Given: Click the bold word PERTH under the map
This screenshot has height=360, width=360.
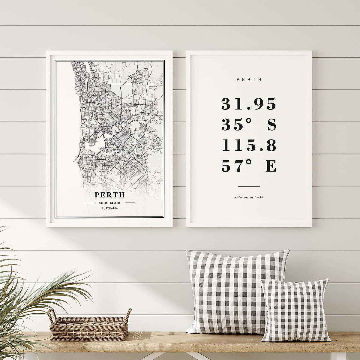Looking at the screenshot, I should pos(109,195).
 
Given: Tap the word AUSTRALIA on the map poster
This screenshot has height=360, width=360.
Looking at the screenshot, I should pos(109,208).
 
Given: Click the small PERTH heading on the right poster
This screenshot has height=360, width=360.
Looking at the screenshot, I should pos(249,80).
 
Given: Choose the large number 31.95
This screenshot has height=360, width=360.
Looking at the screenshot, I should pos(248,104).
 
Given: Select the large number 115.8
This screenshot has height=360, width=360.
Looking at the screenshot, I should pos(248,146).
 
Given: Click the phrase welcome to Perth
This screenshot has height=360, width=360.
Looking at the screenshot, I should pos(249,197).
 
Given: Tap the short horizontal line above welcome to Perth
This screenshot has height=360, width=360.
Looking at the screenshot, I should pos(249,186).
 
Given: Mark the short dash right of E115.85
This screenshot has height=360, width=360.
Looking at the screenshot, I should pos(130,203).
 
